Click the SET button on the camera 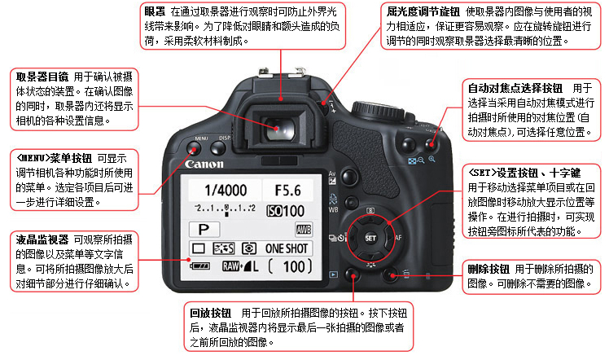[370, 238]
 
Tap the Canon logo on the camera [204, 164]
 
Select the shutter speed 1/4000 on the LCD [226, 191]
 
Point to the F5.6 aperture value [287, 191]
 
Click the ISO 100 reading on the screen [286, 211]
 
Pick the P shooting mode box [204, 230]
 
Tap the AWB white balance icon [304, 230]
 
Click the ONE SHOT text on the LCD [287, 248]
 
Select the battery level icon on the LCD [199, 266]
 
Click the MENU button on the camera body [194, 148]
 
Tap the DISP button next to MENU [218, 148]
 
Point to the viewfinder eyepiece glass [279, 130]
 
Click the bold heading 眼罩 [155, 11]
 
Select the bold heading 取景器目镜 [42, 77]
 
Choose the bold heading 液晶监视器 [42, 239]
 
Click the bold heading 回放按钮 [210, 313]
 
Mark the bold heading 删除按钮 [489, 269]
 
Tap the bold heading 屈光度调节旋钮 [423, 11]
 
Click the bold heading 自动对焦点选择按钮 [515, 88]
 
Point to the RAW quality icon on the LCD [230, 266]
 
